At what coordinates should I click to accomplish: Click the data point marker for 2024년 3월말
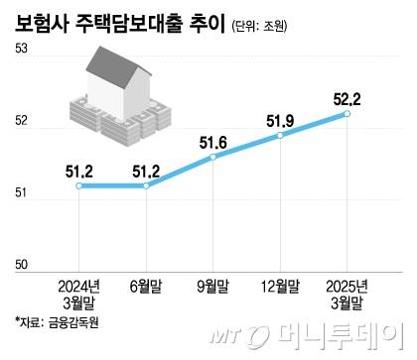pos(79,185)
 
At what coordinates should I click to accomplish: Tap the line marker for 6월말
pos(146,185)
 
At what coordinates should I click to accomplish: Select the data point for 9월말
pos(213,157)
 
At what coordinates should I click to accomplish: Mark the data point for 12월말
pos(281,135)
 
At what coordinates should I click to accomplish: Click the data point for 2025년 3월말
pos(347,114)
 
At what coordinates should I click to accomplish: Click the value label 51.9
pos(281,120)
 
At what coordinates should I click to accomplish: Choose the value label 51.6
pos(213,143)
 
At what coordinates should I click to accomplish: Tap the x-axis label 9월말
pos(213,287)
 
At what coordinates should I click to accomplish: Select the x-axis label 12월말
pos(281,287)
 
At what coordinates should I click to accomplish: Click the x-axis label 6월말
pos(146,287)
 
